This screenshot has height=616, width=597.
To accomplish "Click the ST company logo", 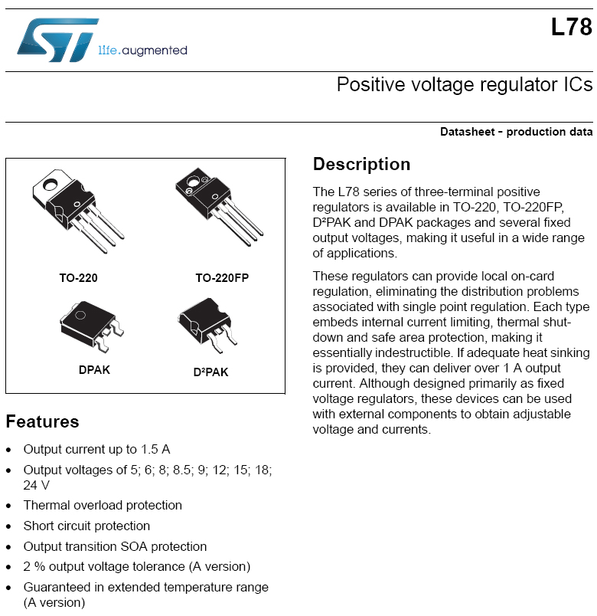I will click(57, 40).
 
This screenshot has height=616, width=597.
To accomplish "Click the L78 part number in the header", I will click(571, 28).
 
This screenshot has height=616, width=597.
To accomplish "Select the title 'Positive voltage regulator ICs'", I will click(464, 84).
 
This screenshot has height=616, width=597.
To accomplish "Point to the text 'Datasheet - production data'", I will click(516, 132).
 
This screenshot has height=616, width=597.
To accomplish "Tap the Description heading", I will click(361, 165).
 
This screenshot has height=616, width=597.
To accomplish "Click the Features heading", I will click(42, 421).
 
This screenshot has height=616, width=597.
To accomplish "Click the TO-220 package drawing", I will click(77, 208).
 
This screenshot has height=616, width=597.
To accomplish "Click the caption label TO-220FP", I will click(222, 278).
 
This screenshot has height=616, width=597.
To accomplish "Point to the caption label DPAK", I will click(94, 369).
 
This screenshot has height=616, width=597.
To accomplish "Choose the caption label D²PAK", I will click(210, 372).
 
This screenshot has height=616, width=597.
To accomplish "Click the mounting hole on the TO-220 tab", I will click(52, 185).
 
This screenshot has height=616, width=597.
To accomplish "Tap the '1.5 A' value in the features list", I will click(155, 449).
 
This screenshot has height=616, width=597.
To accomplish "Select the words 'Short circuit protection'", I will click(86, 526).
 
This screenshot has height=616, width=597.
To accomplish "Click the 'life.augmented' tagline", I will click(142, 51).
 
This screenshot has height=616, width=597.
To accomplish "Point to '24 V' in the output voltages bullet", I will click(37, 484).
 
